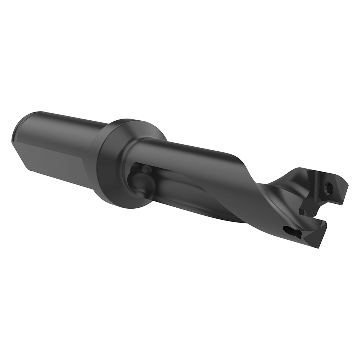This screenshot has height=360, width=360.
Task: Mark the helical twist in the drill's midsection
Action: tap(239, 180)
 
